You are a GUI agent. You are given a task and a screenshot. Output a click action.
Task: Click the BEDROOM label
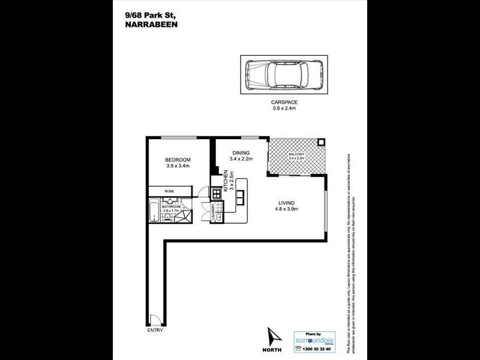pos(178,160)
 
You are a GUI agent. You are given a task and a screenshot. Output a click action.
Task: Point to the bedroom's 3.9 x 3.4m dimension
pos(178,167)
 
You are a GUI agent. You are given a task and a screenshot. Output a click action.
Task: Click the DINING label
pos(242,152)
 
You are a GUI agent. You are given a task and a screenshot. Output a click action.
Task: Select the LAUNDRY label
pos(214,212)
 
